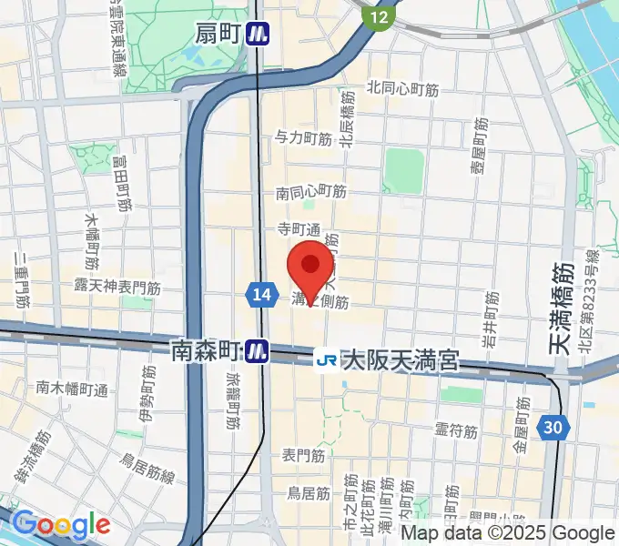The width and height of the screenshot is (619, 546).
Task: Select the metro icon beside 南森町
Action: click(259, 350)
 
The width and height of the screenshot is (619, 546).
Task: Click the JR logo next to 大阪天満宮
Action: click(326, 360)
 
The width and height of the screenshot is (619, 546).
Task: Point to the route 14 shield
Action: click(260, 293)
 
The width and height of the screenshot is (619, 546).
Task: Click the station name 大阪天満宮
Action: click(401, 361)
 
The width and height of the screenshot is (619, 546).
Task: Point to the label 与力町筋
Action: click(303, 138)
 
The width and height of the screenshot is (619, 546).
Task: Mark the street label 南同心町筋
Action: click(311, 193)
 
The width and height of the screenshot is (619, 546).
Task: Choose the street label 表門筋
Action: click(304, 453)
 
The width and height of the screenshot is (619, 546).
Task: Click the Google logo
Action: click(60, 524)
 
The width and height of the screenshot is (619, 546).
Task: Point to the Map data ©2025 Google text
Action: click(509, 533)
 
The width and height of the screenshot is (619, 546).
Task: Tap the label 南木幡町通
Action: click(72, 389)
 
